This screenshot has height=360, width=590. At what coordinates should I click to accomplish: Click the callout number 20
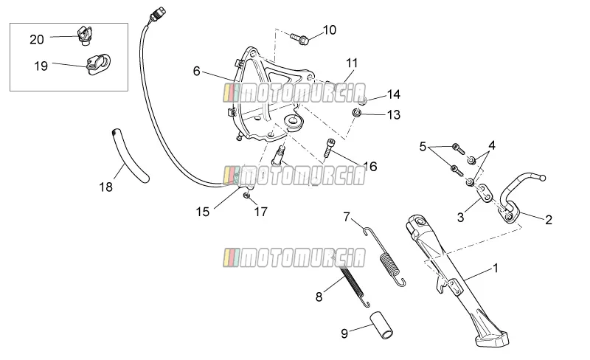(x=37, y=39)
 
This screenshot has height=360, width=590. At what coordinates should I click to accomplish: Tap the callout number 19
(x=41, y=66)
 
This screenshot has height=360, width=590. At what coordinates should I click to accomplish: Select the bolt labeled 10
(x=299, y=38)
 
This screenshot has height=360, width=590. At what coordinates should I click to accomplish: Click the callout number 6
(x=196, y=71)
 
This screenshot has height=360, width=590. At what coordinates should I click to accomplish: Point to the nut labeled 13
(x=357, y=112)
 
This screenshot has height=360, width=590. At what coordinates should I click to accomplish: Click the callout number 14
(x=394, y=94)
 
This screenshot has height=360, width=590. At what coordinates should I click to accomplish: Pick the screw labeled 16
(x=328, y=148)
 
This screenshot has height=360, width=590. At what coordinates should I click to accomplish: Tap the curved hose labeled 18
(x=130, y=156)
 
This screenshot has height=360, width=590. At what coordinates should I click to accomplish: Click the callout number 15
(x=202, y=212)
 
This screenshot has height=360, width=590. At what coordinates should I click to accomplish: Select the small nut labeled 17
(x=247, y=195)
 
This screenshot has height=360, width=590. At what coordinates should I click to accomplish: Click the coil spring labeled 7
(x=385, y=257)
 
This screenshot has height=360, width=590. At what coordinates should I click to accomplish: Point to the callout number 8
(x=319, y=297)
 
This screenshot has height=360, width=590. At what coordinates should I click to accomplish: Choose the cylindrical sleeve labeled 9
(x=382, y=325)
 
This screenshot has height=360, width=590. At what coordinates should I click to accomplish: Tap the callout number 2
(x=549, y=220)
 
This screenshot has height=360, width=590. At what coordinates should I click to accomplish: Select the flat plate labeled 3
(x=485, y=193)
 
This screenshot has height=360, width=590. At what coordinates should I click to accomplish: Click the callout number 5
(x=423, y=147)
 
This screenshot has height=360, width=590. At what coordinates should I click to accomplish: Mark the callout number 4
(x=492, y=145)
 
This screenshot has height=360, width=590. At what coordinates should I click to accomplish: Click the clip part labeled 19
(x=99, y=64)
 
